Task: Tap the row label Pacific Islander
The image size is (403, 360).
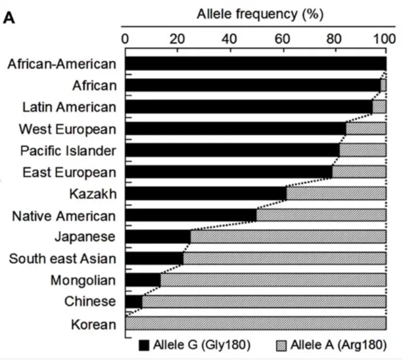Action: [x=68, y=151]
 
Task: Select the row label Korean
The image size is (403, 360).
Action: [x=93, y=324]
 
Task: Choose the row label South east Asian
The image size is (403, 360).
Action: [x=62, y=258]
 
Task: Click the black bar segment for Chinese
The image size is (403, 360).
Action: [x=134, y=302]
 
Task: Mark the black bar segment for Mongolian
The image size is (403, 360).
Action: [x=143, y=280]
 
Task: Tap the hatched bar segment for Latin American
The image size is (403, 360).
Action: [x=379, y=107]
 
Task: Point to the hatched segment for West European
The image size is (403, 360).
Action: [x=366, y=128]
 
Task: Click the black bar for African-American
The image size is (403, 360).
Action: [x=255, y=64]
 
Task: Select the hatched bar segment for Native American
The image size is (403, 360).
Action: [x=321, y=215]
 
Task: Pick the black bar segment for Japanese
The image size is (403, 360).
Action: [x=158, y=237]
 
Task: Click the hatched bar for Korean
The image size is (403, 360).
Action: [x=255, y=323]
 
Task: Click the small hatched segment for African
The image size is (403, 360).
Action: [x=383, y=85]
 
